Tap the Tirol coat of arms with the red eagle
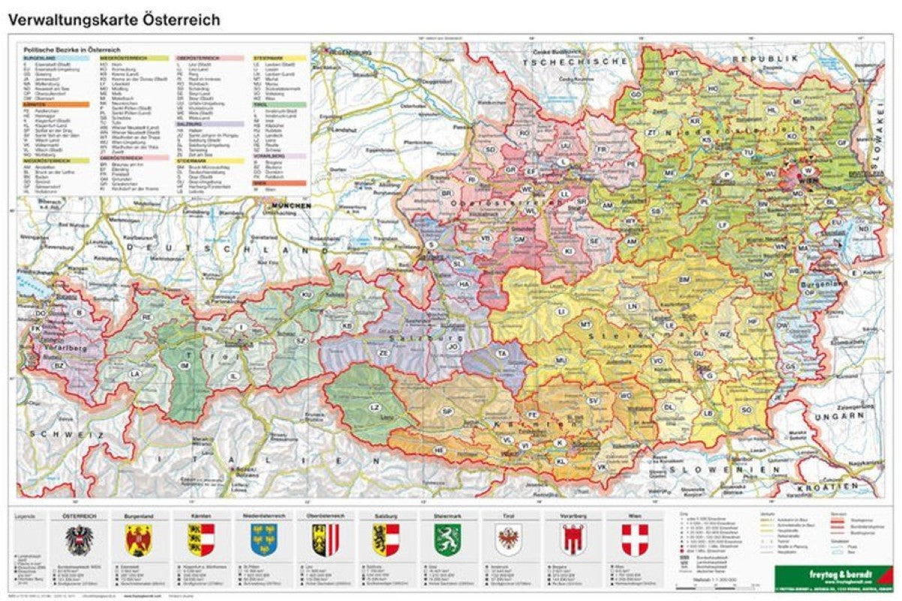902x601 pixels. click(508, 539)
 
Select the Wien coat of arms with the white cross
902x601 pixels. click(635, 539)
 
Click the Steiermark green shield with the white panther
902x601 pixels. click(446, 539)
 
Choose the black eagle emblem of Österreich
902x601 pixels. click(77, 540)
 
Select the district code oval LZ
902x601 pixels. click(374, 407)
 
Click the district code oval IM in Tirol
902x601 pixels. click(185, 365)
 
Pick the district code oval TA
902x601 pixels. click(501, 352)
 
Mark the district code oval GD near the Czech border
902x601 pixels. click(636, 95)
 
